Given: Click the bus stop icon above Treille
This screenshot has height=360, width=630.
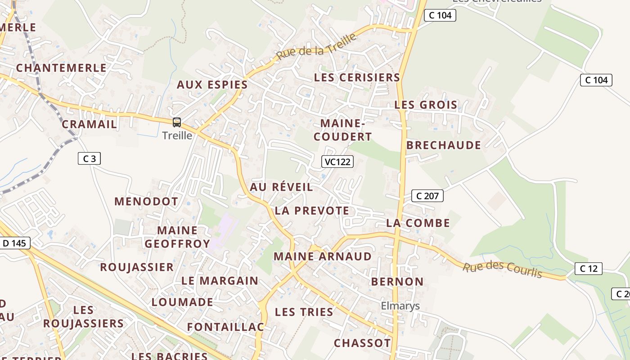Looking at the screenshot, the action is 177,122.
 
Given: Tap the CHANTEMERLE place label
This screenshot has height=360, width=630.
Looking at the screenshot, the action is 61,68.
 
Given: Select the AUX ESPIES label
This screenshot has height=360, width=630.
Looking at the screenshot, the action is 212,85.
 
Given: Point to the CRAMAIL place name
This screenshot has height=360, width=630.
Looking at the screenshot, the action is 89,124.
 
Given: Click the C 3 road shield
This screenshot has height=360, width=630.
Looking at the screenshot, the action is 89,158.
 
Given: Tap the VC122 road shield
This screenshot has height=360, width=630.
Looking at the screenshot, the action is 337,162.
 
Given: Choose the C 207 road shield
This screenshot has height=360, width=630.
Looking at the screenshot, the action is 427,196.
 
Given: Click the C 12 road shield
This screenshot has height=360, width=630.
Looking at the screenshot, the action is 588,269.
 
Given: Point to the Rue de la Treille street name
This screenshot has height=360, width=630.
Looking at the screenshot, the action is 317,47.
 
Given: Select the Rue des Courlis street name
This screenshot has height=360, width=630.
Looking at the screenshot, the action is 502,269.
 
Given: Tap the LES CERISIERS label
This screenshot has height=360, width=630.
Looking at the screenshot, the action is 357,77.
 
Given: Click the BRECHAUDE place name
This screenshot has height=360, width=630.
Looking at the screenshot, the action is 443,145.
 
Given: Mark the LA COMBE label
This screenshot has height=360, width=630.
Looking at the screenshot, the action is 418,223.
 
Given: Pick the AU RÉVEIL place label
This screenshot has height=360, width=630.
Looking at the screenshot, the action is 281,187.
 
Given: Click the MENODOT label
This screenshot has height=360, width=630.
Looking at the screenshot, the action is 146,201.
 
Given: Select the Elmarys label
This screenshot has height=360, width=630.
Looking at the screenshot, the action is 400,306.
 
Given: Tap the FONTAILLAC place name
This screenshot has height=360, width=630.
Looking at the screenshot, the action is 225,327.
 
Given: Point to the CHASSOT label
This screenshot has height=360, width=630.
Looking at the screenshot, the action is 362,343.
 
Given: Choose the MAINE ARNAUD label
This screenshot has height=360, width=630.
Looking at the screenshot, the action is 323,256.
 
